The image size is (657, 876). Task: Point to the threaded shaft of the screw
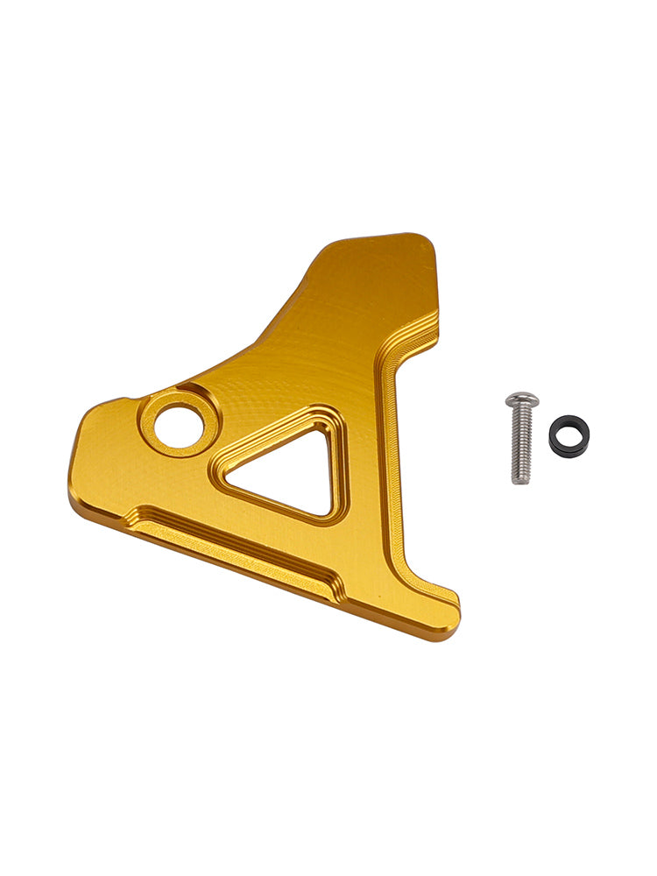pyautogui.click(x=521, y=447)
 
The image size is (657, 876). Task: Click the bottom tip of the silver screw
pyautogui.click(x=521, y=481)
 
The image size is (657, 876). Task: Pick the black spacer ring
pyautogui.click(x=569, y=435)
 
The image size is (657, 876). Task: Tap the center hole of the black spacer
pyautogui.click(x=569, y=434)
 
